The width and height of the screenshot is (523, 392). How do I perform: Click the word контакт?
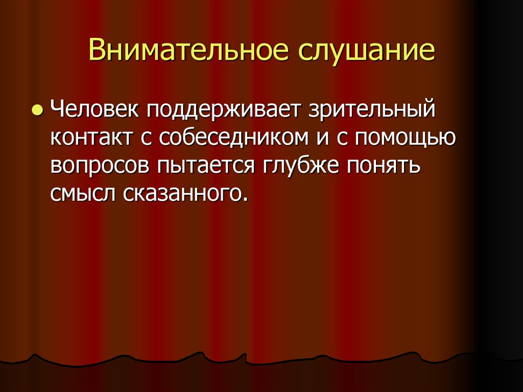pyautogui.click(x=91, y=139)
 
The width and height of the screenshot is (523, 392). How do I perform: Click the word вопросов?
pyautogui.click(x=100, y=167)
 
